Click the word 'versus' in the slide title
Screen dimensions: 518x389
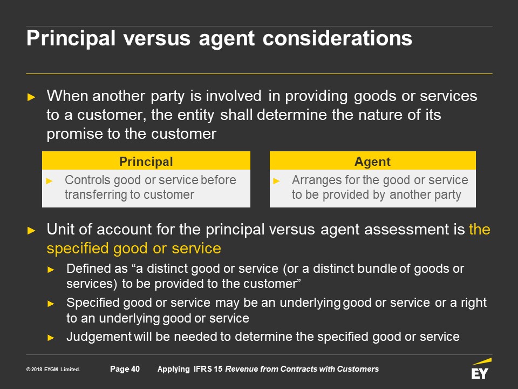[x=157, y=38]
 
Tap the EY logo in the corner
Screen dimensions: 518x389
[x=481, y=369]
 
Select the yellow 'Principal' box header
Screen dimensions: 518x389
[x=146, y=161]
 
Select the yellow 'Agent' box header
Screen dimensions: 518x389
[x=373, y=161]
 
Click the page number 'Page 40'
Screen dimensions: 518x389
[x=125, y=369]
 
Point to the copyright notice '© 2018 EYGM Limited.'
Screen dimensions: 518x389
[x=53, y=369]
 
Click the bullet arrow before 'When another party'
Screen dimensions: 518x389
[x=31, y=97]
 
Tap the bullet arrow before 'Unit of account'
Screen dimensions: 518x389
[x=31, y=230]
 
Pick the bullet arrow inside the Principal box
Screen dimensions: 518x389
[x=49, y=181]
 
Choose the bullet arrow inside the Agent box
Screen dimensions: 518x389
[x=276, y=181]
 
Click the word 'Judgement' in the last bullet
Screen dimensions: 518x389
[x=99, y=337]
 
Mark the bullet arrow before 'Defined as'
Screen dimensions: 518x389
[x=51, y=270]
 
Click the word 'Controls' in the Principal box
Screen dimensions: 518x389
[x=87, y=180]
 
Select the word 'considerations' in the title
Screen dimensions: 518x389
[x=337, y=38]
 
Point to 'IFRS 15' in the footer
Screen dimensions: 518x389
[x=208, y=369]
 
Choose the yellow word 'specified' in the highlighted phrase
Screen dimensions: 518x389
[x=78, y=249]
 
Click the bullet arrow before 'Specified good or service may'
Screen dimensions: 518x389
[x=51, y=304]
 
